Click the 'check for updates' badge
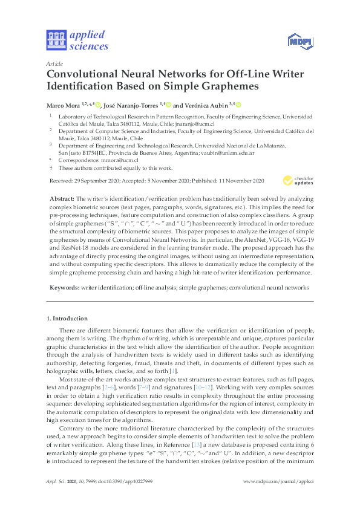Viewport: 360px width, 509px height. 298,180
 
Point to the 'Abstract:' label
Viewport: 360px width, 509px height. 62,199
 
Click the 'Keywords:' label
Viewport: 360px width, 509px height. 64,289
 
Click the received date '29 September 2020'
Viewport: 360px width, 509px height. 99,180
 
